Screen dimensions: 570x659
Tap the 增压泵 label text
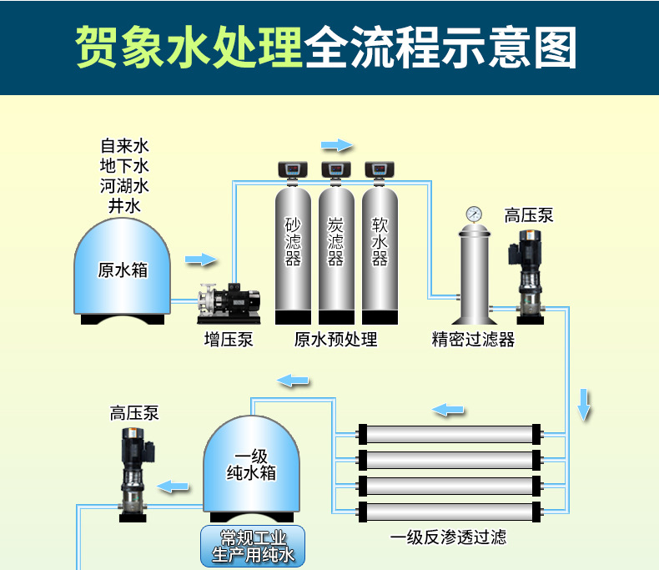coord(228,340)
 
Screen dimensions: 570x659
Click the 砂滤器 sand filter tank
coord(293,250)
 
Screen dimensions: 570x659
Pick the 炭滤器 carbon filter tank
coord(336,250)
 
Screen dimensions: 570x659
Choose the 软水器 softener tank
coord(380,250)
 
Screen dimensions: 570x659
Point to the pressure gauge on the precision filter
coord(475,213)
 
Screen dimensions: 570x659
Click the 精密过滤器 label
coord(473,340)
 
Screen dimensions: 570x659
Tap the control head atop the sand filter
coord(293,169)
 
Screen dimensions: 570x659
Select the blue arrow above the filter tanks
coord(337,145)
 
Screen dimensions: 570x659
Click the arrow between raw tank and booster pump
coord(199,260)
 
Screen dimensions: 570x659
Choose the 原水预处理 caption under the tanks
coord(335,340)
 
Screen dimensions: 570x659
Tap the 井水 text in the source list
coord(123,204)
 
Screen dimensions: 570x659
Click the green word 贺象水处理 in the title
coord(189,48)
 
